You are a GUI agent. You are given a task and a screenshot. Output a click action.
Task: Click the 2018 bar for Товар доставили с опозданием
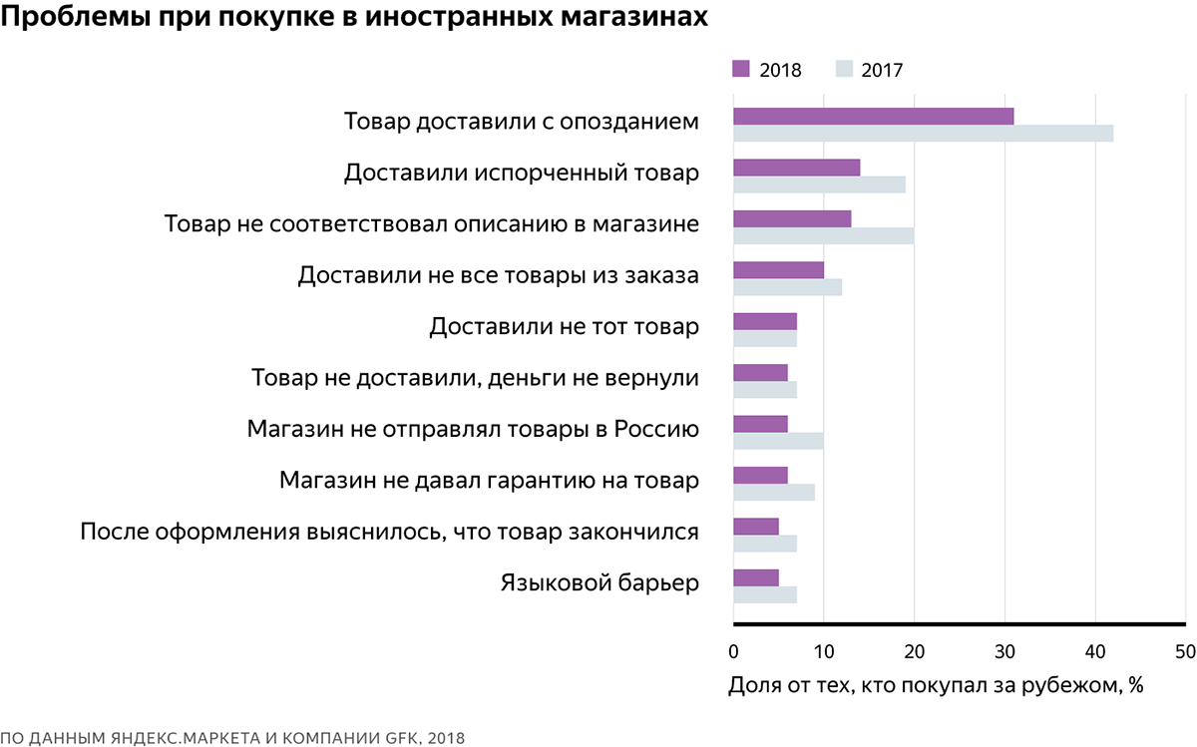[x=873, y=117]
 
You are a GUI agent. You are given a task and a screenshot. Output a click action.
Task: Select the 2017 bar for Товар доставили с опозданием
[x=923, y=134]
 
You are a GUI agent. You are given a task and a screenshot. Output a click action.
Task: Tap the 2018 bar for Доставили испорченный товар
[x=796, y=168]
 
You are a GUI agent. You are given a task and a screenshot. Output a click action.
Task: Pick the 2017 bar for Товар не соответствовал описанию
[x=823, y=236]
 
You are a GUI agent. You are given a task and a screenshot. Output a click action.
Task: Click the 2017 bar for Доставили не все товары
[x=787, y=287]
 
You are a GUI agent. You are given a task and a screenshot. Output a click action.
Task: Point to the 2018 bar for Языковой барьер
[x=755, y=577]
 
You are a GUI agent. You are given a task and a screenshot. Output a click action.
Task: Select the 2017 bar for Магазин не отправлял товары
[x=778, y=441]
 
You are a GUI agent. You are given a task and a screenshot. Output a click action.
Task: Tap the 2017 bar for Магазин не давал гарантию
[x=773, y=492]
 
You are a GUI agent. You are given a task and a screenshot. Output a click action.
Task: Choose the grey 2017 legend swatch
[x=844, y=69]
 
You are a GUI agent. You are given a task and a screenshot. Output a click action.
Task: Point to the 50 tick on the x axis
[x=1185, y=652]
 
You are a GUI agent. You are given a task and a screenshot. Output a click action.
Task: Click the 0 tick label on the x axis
[x=734, y=652]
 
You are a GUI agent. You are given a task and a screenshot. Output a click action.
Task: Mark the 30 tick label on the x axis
[x=1004, y=652]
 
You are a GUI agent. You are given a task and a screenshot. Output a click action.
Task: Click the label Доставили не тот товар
[x=564, y=326]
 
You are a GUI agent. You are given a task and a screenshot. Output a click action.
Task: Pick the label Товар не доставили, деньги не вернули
[x=475, y=378]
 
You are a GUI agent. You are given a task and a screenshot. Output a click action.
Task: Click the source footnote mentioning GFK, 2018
[x=232, y=737]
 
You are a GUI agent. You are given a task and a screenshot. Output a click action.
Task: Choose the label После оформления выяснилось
[x=389, y=532]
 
